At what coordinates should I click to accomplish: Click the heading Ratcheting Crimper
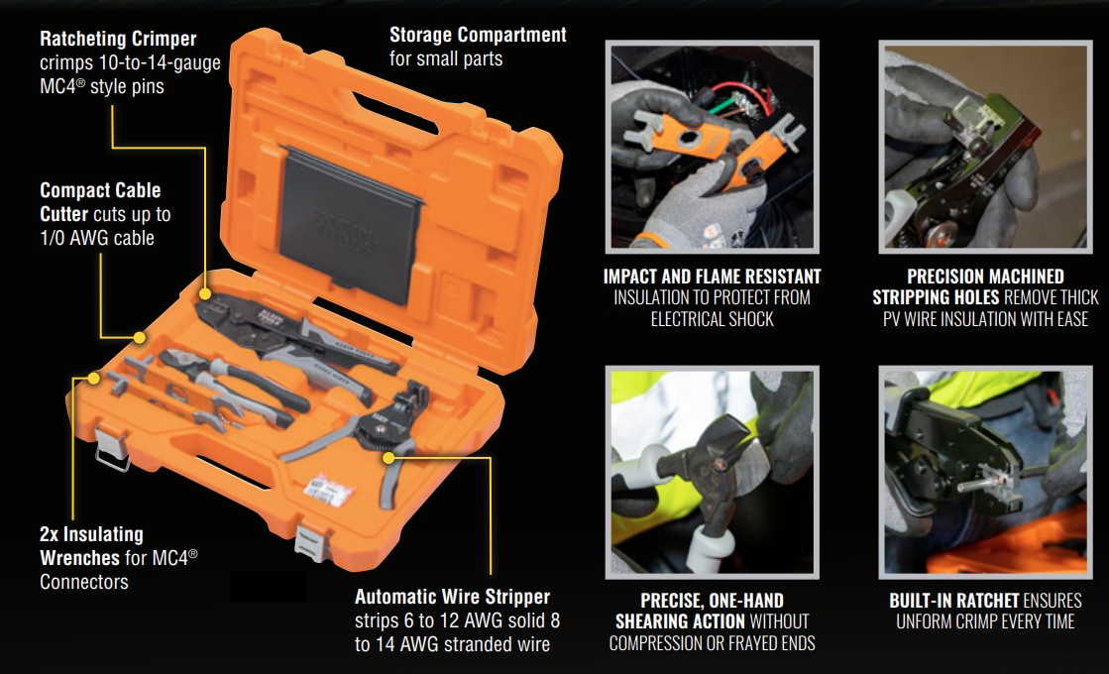tap(118, 40)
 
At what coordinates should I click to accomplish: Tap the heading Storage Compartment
tap(478, 35)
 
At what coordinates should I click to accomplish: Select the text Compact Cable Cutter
tap(99, 201)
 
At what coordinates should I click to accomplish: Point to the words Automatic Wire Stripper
tap(452, 597)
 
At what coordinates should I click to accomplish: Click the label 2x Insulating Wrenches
tap(91, 546)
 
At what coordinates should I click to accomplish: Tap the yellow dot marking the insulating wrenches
tap(94, 378)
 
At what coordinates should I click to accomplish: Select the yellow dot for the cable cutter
tap(138, 338)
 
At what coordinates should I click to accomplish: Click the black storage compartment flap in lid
tap(349, 221)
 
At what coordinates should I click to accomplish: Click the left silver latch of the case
tap(110, 446)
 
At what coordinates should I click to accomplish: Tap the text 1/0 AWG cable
tap(97, 238)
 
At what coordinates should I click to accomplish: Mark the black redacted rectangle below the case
tap(268, 587)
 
